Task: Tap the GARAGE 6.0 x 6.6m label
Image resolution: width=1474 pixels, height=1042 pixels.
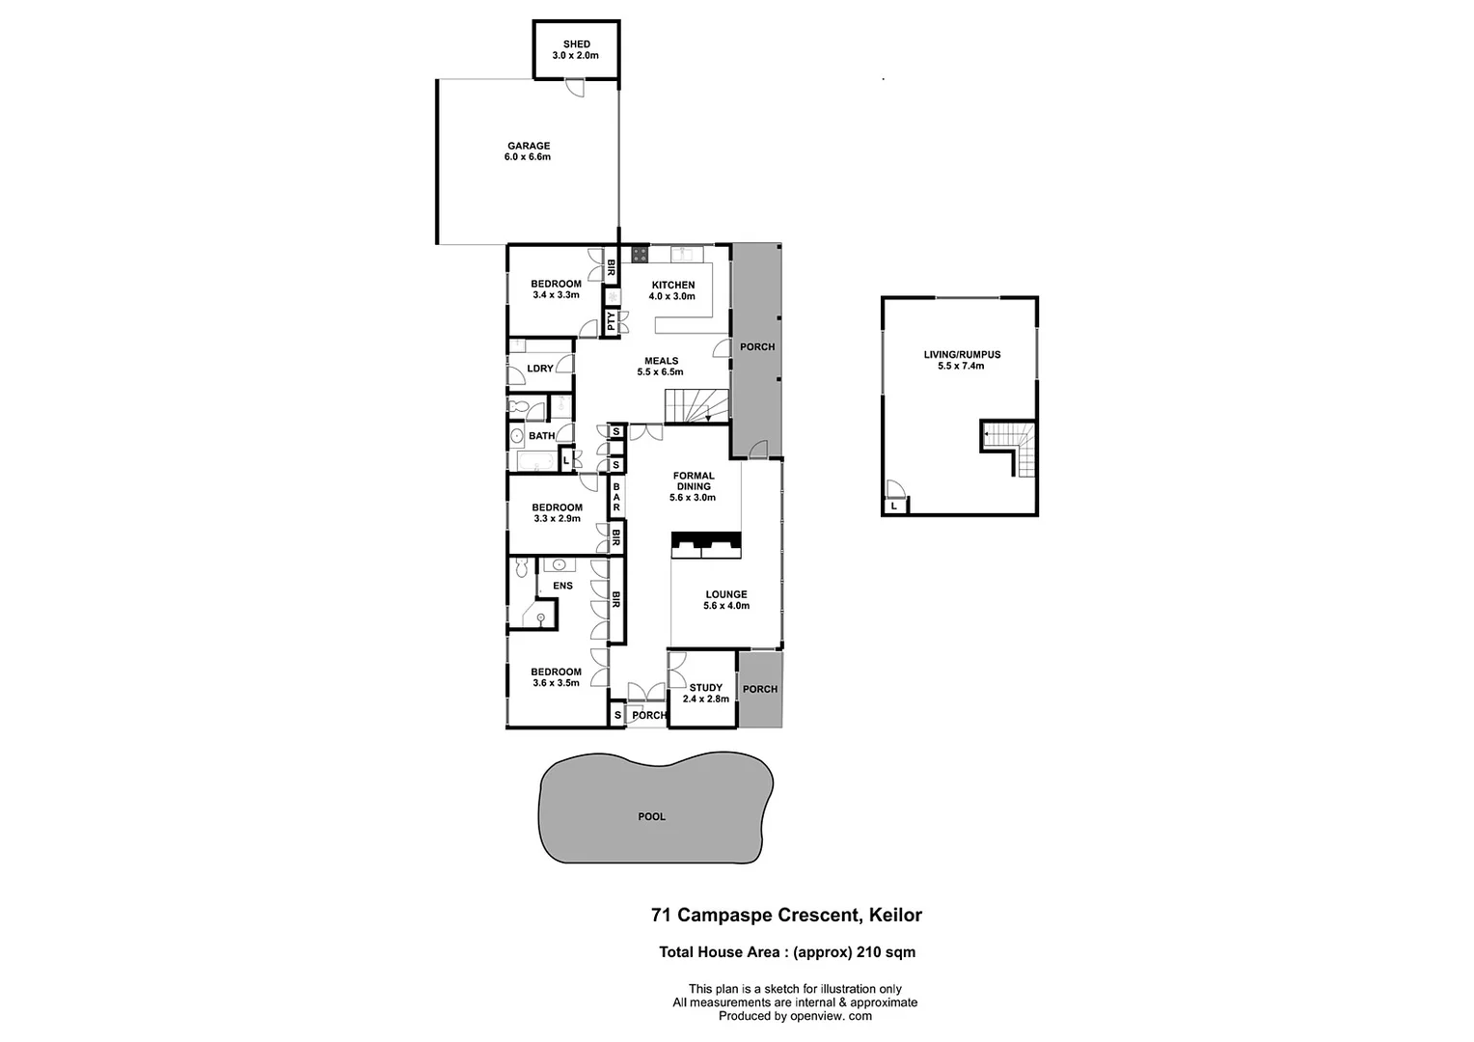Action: click(528, 151)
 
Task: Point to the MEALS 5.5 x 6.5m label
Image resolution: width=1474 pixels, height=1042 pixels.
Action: click(661, 367)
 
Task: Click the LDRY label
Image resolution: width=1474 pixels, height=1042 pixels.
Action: click(540, 369)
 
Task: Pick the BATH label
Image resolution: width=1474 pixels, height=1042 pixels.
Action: click(541, 436)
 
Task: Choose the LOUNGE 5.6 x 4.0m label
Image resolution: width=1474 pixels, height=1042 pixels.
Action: click(725, 600)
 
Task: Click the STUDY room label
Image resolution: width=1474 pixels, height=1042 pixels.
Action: click(705, 694)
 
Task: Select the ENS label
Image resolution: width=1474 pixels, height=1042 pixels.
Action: click(562, 586)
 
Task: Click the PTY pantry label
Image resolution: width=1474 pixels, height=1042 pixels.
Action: click(612, 321)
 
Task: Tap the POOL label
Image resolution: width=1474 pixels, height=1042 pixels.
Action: click(652, 816)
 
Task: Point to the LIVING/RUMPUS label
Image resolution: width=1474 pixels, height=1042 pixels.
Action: click(961, 360)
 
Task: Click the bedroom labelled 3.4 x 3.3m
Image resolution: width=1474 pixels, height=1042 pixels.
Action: click(556, 289)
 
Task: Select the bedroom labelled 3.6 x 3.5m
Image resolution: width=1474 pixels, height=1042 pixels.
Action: click(556, 677)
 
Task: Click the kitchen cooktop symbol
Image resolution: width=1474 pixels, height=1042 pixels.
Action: click(639, 255)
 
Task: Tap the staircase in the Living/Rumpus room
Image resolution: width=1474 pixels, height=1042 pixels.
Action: click(1010, 447)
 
